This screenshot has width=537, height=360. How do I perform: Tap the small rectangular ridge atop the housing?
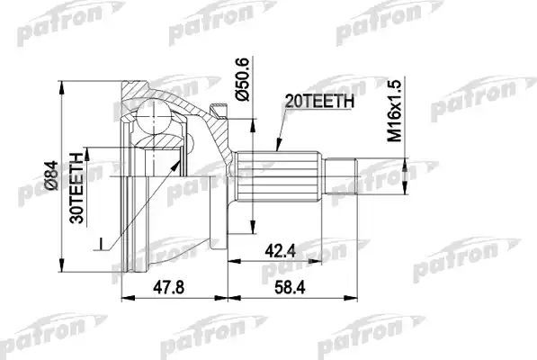[x=216, y=111]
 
